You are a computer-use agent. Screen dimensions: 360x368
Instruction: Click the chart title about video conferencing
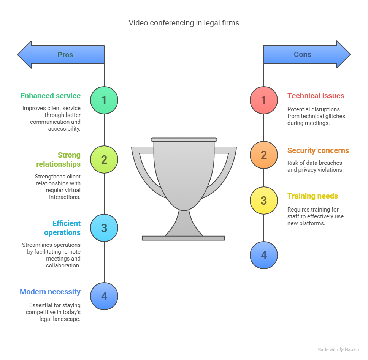[x=184, y=23]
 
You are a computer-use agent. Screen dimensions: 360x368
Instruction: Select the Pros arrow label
[x=65, y=55]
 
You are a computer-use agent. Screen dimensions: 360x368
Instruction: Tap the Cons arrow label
[x=303, y=54]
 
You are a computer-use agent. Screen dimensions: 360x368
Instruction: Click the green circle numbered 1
[x=104, y=100]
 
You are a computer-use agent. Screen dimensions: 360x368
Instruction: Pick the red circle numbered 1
[x=264, y=100]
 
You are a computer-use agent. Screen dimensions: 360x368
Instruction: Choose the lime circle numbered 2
[x=104, y=159]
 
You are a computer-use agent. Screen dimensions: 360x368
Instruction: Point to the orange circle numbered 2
[x=264, y=155]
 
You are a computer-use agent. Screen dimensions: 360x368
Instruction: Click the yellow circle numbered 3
[x=264, y=201]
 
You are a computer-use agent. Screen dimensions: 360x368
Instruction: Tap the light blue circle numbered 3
[x=104, y=228]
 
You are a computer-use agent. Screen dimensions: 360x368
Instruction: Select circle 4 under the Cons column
[x=264, y=255]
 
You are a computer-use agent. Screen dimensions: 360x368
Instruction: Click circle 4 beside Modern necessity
[x=104, y=296]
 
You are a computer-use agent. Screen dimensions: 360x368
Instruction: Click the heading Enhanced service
[x=51, y=96]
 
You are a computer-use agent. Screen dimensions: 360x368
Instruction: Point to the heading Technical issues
[x=316, y=96]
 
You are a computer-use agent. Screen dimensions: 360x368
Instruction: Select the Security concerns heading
[x=318, y=150]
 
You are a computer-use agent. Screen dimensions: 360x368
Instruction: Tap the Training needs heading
[x=312, y=196]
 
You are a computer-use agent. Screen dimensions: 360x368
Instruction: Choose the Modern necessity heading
[x=50, y=292]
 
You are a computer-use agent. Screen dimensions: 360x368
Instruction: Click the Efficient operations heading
[x=62, y=228]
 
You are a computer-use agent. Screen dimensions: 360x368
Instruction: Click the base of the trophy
[x=183, y=238]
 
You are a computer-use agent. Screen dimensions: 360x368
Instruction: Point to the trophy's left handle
[x=143, y=167]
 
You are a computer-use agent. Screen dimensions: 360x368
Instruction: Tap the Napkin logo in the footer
[x=342, y=349]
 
